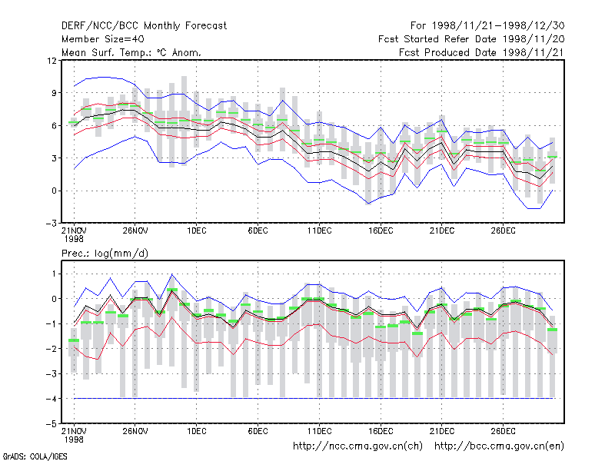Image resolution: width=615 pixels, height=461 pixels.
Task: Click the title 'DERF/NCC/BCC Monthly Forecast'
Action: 144,26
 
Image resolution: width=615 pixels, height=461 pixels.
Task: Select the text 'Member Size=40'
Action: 103,39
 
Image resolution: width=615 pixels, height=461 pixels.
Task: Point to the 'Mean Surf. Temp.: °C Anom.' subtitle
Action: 131,52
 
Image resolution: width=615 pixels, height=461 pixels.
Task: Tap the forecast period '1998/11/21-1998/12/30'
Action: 498,26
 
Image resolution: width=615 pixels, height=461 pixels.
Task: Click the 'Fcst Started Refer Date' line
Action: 471,39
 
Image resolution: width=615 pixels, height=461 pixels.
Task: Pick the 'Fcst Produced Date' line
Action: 482,52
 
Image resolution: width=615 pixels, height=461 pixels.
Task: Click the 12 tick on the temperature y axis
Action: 52,61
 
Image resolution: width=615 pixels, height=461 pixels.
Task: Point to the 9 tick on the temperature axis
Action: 54,93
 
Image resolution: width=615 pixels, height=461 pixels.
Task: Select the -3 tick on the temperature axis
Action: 52,224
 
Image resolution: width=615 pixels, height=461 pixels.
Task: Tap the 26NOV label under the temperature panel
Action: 135,230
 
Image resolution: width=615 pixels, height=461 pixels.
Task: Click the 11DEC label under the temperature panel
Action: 319,230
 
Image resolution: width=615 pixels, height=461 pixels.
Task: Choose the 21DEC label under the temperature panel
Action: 441,230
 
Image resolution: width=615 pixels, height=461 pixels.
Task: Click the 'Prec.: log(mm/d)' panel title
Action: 105,254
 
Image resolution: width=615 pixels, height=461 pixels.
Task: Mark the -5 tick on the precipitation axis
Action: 52,424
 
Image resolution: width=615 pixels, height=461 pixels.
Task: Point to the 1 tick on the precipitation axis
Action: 54,274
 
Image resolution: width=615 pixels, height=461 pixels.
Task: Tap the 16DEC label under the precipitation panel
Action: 381,431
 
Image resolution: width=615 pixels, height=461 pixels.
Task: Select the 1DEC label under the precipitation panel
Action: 197,431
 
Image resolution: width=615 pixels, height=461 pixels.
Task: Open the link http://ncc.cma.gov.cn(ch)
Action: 357,446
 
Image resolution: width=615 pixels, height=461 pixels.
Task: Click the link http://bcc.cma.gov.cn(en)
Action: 499,446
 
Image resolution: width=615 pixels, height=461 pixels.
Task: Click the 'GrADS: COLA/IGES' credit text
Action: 35,456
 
